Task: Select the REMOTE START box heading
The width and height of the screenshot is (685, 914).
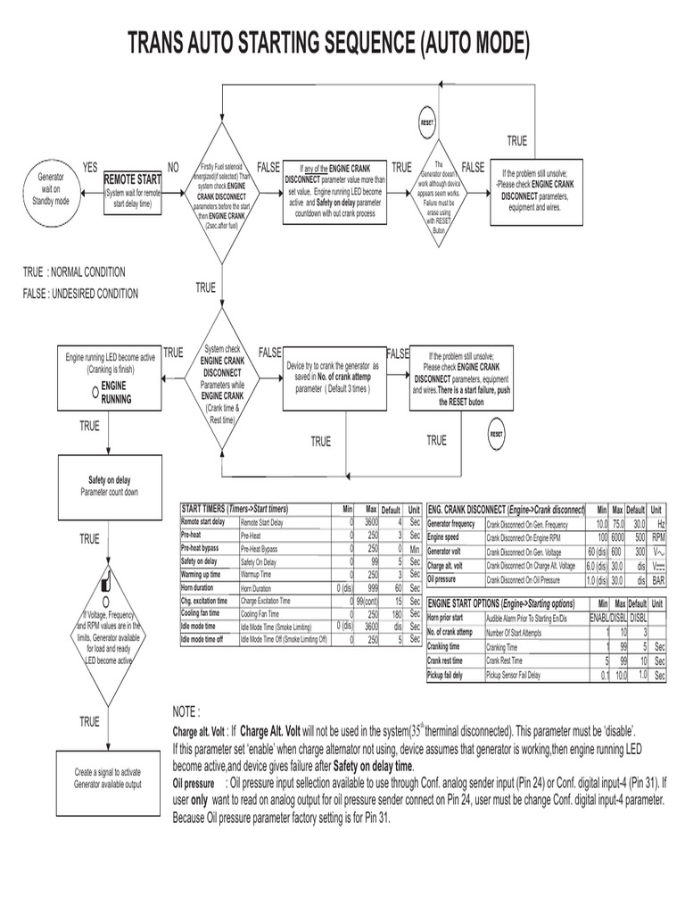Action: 133,179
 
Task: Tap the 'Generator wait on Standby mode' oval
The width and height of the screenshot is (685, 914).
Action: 50,189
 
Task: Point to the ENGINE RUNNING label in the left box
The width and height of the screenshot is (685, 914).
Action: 115,392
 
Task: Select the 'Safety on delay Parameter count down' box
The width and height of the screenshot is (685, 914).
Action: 109,486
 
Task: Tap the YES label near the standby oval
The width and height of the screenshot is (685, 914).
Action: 90,167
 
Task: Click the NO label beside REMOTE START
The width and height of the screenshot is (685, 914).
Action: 173,167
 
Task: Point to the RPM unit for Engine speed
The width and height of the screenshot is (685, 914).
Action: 658,538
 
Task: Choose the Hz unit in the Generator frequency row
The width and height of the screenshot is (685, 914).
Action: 659,524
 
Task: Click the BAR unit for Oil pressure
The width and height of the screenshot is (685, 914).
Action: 658,579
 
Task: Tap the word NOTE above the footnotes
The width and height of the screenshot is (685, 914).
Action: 186,711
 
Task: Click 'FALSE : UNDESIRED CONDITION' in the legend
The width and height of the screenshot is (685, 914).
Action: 81,294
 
